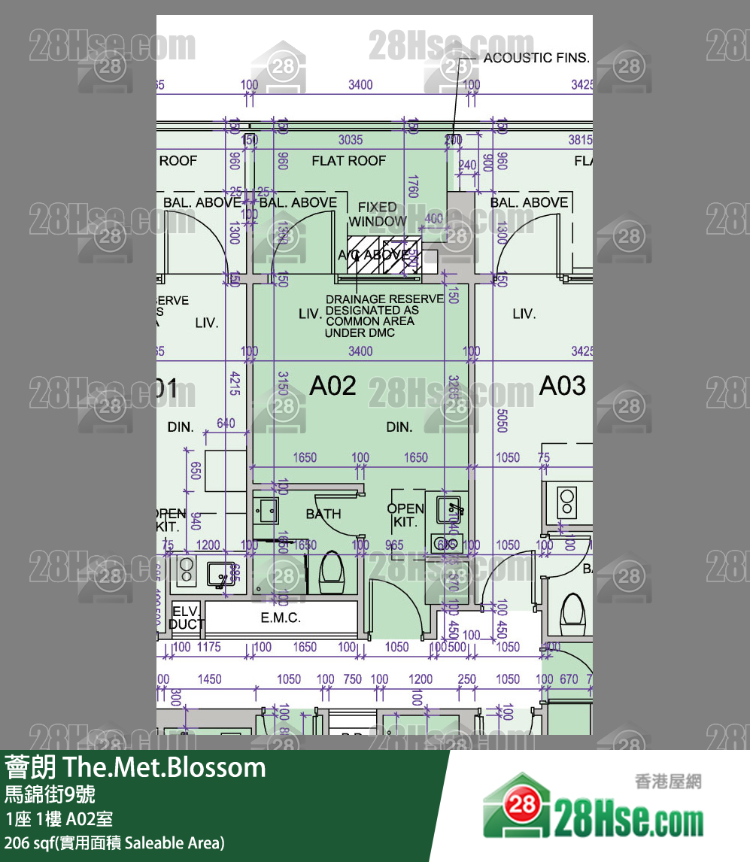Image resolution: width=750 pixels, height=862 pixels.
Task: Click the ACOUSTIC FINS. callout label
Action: [x=536, y=58]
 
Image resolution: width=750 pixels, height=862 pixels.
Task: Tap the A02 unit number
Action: [x=333, y=386]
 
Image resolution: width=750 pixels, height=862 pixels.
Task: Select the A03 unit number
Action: [x=562, y=386]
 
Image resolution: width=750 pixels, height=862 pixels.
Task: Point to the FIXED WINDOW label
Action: [x=378, y=214]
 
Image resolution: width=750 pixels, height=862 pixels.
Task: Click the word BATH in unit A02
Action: [x=323, y=514]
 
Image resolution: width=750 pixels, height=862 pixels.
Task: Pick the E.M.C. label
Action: [x=281, y=618]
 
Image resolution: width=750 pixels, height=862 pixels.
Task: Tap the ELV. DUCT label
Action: [x=186, y=618]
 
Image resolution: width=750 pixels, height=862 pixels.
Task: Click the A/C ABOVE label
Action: [x=373, y=255]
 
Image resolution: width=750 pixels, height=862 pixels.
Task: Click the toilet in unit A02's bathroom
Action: [x=331, y=573]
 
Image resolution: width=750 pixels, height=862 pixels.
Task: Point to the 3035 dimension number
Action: [x=351, y=140]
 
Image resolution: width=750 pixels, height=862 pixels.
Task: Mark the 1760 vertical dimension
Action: [x=411, y=186]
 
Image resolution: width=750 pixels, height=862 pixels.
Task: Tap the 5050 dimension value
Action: [x=502, y=420]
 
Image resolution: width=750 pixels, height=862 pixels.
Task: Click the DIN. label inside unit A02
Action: [x=399, y=427]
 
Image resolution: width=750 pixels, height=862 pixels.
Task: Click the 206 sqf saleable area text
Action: [x=114, y=842]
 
